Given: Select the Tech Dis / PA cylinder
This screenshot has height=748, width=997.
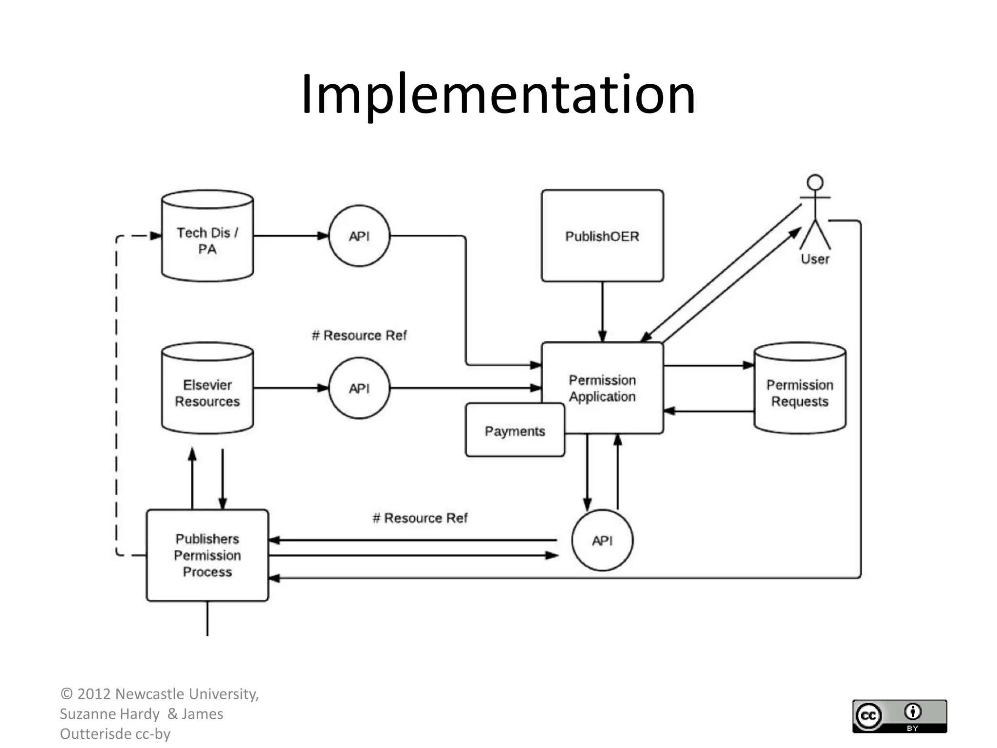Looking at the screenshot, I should pos(207,241).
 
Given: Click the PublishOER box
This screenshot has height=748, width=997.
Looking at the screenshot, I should pos(602,236).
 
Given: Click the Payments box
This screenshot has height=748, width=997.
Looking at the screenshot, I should pos(515,431).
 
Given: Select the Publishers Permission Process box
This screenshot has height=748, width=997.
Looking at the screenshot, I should pos(207,555).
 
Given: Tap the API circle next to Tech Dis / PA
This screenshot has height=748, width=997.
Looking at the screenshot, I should pos(359,236).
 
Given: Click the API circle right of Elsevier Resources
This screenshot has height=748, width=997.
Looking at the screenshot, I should pos(359,388).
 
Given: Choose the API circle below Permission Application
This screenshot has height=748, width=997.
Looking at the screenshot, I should pos(602,540).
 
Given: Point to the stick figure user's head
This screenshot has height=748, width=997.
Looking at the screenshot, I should pos(815,183).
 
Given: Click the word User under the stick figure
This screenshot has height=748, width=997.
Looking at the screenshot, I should pos(815,259).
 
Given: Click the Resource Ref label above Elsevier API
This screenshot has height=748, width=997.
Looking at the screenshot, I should pos(359,336).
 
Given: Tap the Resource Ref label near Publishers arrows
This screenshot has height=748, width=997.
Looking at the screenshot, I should pos(420,518).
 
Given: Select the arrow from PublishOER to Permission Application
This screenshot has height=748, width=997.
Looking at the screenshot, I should pos(602,312).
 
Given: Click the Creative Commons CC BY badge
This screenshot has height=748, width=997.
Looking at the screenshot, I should pos(899,716).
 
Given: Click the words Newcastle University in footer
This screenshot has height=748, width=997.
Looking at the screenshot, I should pos(187,694).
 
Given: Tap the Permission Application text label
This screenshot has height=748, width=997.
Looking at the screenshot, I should pos(602,388).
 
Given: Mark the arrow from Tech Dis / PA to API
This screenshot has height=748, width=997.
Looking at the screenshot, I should pos(291,236).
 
